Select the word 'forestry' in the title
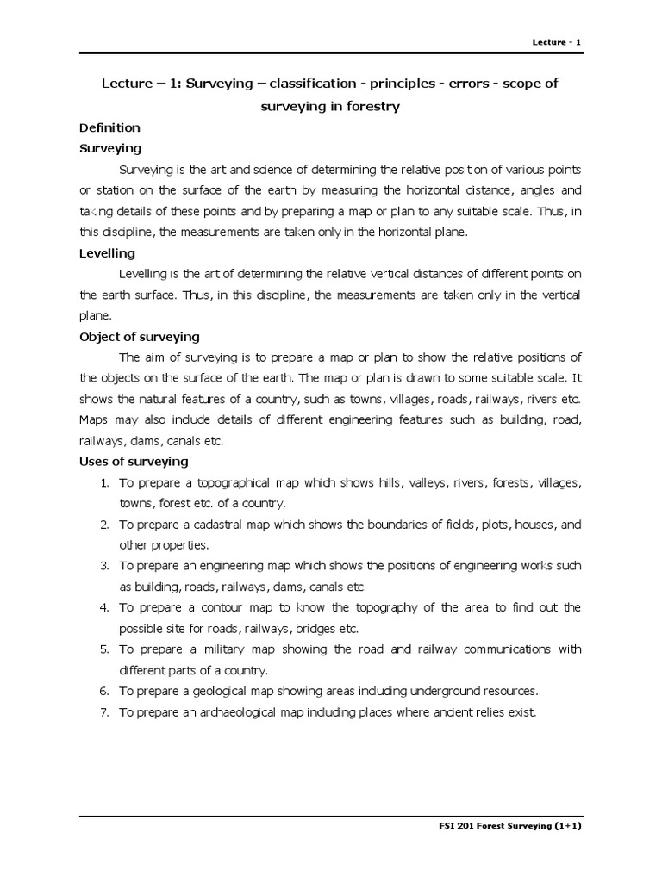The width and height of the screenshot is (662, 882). (x=372, y=106)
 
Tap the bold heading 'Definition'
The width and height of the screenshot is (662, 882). (x=109, y=127)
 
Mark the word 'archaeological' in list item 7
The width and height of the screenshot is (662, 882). (x=237, y=712)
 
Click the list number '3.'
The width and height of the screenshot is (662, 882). (x=103, y=566)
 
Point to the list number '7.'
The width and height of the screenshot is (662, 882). (x=103, y=712)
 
